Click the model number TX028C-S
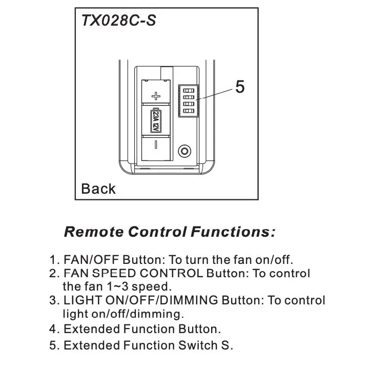click(118, 20)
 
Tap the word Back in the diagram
click(98, 189)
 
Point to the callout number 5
click(240, 87)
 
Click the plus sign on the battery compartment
click(156, 96)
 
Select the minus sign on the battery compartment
click(156, 145)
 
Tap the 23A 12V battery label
click(156, 120)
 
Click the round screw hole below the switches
click(184, 151)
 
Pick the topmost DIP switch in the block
click(189, 91)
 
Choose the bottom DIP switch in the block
click(189, 111)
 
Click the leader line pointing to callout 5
click(215, 94)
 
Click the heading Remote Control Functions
click(170, 232)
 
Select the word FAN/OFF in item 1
click(91, 260)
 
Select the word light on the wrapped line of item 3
click(75, 314)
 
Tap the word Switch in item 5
click(198, 345)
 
